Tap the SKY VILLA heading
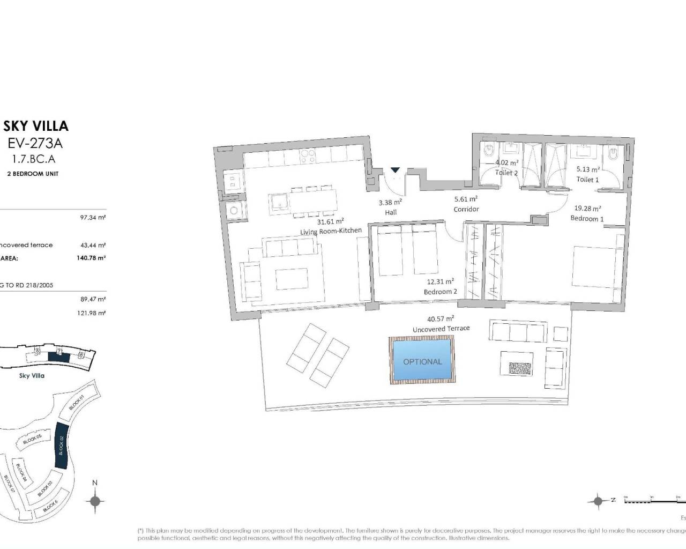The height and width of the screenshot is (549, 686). point(36,126)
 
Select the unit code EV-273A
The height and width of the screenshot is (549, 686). point(36,143)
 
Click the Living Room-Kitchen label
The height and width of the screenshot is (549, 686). point(331,231)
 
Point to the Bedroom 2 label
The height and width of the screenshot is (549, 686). point(441,292)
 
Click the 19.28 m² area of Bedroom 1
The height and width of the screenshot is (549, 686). point(588,209)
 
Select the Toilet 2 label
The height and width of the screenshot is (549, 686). point(506,173)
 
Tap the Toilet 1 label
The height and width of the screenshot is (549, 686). point(587,180)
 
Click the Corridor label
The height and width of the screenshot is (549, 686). point(466,209)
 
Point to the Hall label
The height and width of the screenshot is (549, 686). point(391,212)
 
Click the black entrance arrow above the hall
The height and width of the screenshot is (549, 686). point(395,170)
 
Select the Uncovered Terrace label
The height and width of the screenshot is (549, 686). point(441,329)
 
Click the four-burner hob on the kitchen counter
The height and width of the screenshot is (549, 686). point(308,155)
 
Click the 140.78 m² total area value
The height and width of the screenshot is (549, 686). point(91,258)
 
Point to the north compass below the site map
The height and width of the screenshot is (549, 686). point(95,501)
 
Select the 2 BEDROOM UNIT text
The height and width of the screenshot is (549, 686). point(33,174)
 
